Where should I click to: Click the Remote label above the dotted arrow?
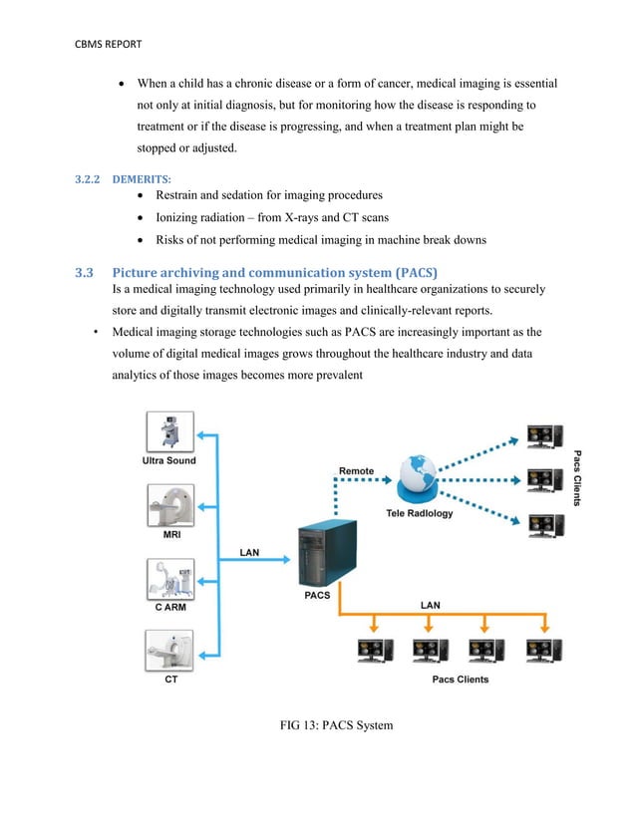click(357, 470)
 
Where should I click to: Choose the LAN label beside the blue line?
click(249, 552)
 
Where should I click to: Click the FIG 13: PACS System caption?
click(338, 724)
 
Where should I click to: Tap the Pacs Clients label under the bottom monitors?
click(460, 679)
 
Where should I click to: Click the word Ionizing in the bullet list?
click(182, 217)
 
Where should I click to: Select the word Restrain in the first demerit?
click(183, 194)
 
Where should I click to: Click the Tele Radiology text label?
click(419, 514)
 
